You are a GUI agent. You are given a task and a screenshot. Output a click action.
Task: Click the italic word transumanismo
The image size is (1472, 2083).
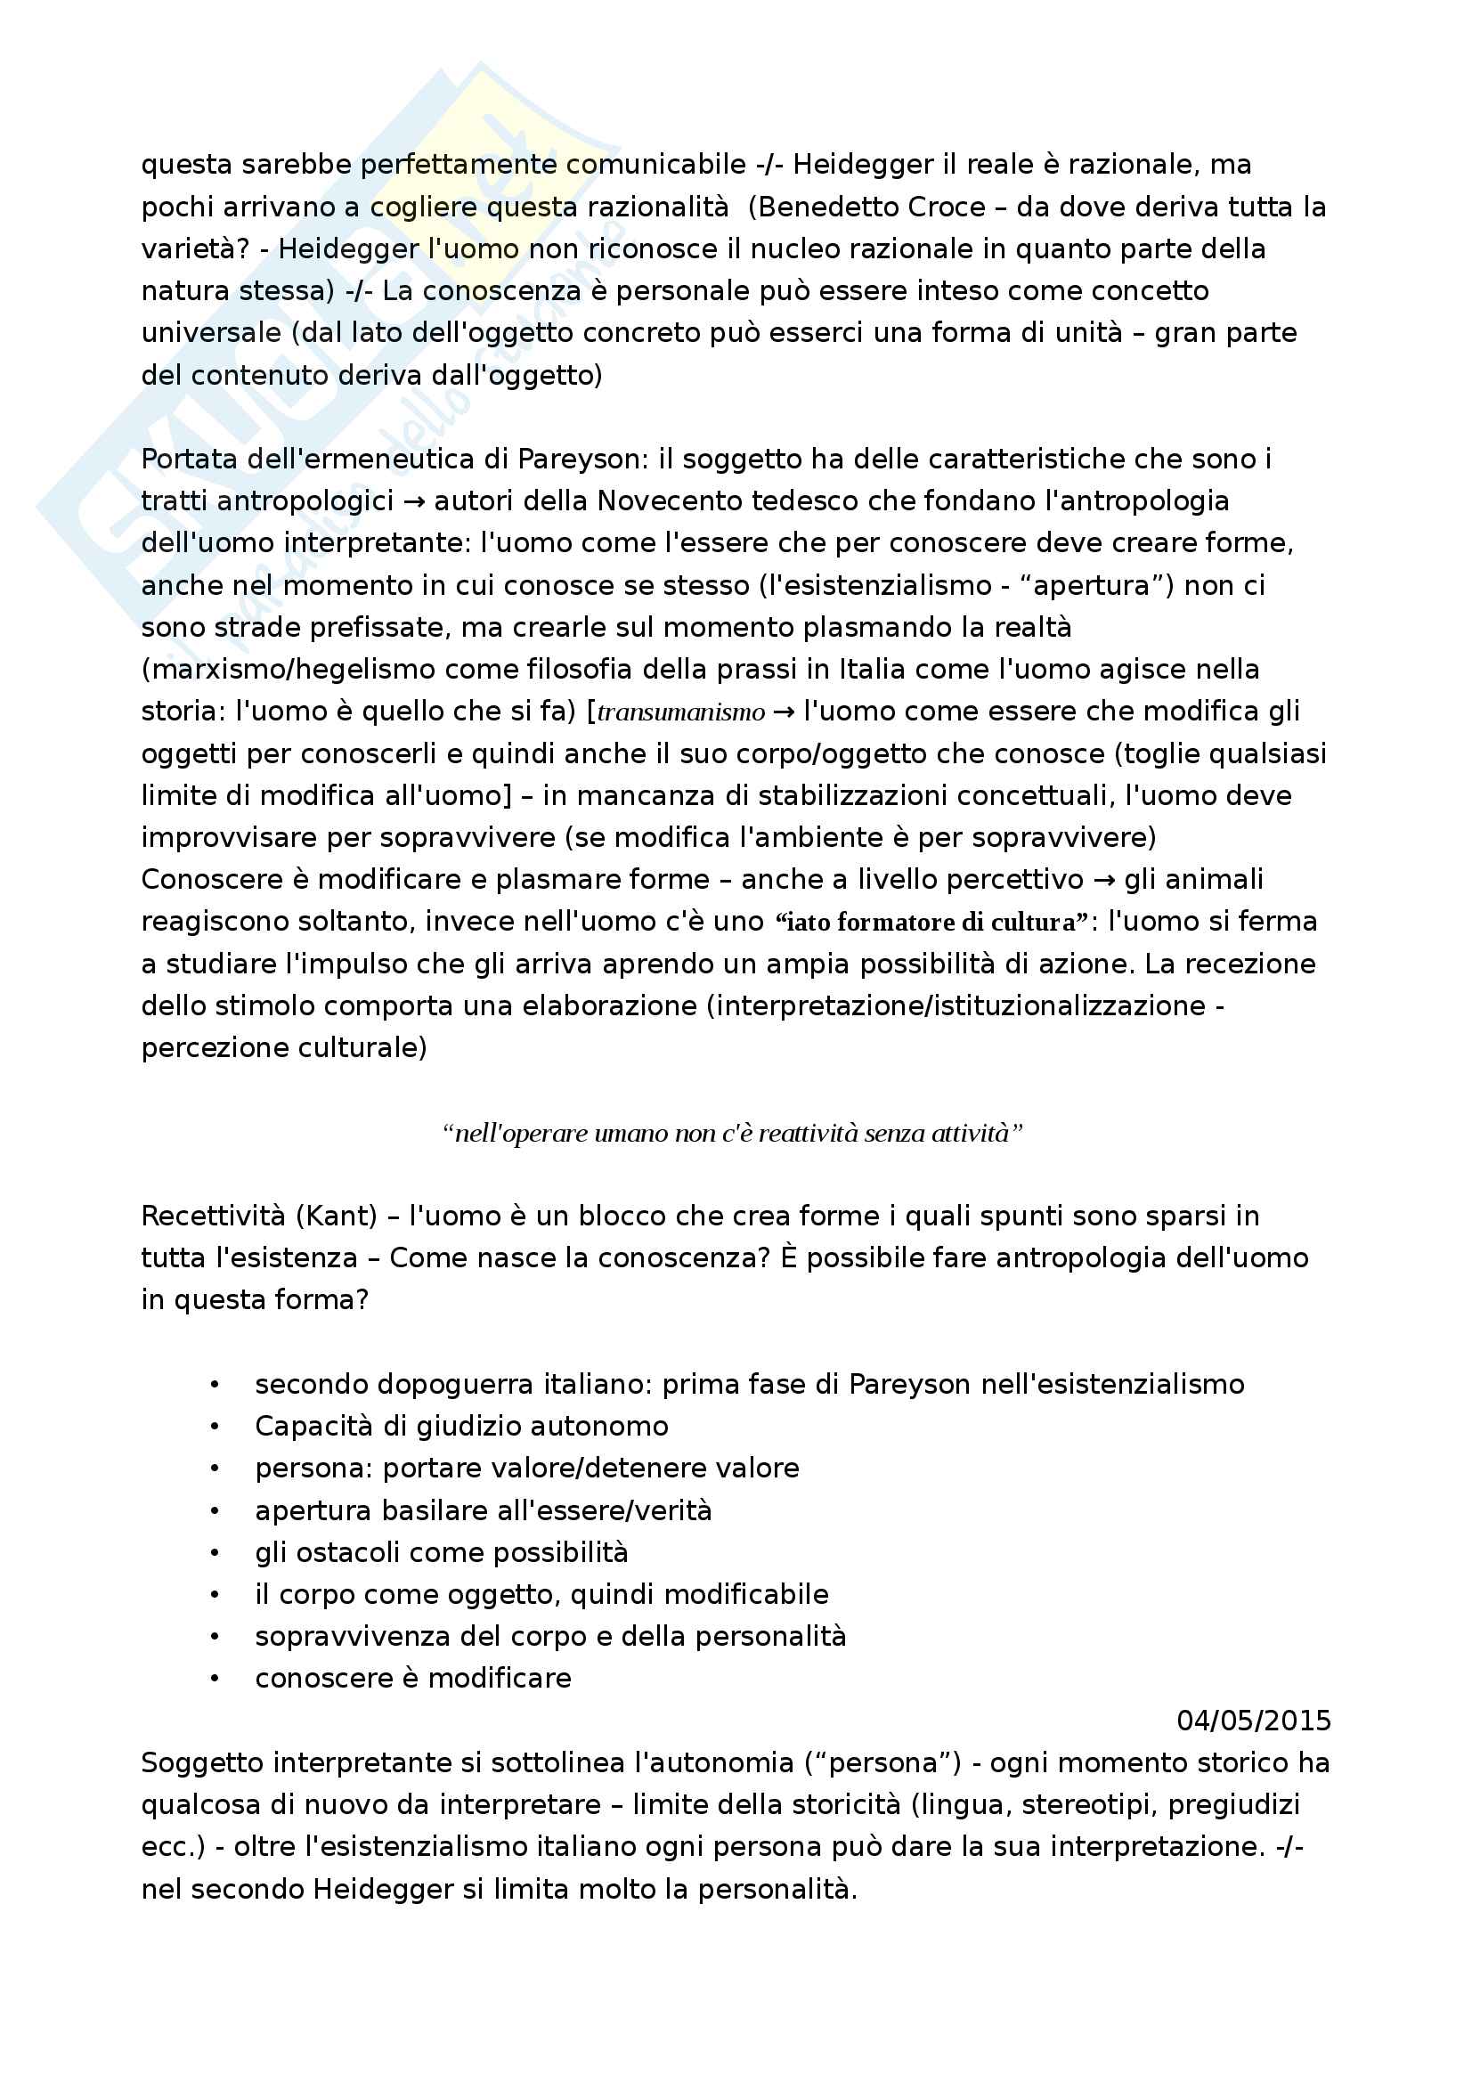pos(681,712)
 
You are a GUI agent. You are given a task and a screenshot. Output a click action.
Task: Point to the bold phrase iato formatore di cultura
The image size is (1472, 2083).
pos(930,923)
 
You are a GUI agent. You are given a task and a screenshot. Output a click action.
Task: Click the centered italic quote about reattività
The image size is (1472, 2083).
pos(733,1133)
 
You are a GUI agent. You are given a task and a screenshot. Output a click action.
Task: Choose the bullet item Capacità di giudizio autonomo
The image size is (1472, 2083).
pos(461,1427)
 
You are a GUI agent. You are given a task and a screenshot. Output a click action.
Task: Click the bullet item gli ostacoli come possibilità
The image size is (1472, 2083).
pos(441,1553)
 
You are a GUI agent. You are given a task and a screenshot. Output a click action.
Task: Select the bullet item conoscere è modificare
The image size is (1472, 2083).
pos(412,1680)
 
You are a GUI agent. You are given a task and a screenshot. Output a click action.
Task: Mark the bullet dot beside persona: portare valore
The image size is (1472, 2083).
pos(214,1469)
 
